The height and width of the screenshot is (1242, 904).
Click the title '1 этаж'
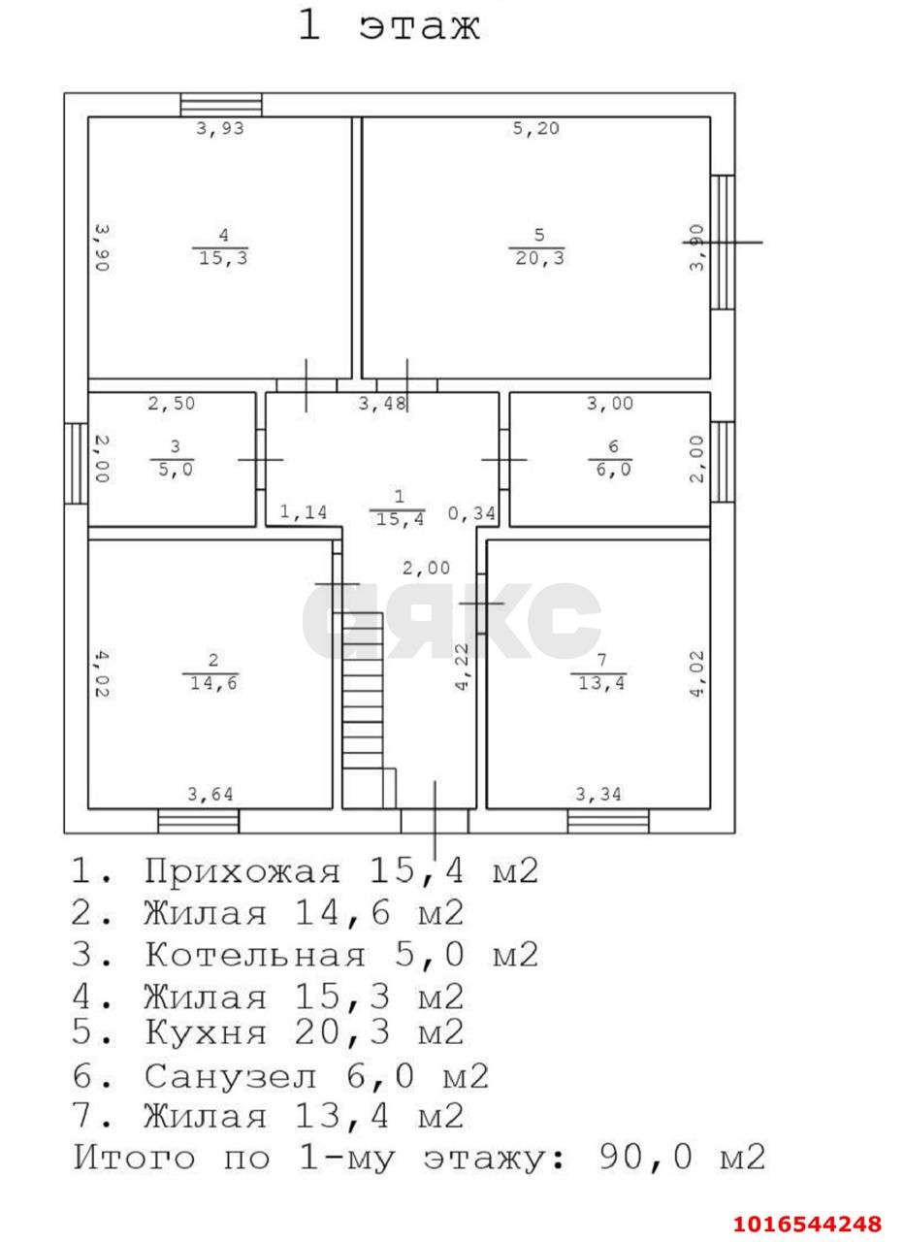[388, 25]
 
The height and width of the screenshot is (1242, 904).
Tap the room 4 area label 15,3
[222, 258]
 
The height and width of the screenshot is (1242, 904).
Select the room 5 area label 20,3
[538, 258]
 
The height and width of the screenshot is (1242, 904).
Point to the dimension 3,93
[220, 128]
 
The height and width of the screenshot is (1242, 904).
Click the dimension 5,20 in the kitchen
[535, 128]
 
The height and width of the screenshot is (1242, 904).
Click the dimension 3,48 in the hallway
[382, 404]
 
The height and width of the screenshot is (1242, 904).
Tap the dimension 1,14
[305, 511]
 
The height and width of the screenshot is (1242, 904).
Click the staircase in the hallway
[363, 708]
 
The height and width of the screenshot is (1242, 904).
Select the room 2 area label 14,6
[211, 682]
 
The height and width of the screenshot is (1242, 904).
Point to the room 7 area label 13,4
[599, 682]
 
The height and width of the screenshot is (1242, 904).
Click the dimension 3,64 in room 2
[210, 796]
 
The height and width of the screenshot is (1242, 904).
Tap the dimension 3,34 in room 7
[598, 796]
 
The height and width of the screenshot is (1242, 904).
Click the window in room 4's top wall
[221, 105]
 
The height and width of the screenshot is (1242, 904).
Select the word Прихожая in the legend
[242, 871]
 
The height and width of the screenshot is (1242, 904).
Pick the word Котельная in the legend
[255, 956]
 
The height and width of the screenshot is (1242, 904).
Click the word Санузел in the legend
[231, 1076]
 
